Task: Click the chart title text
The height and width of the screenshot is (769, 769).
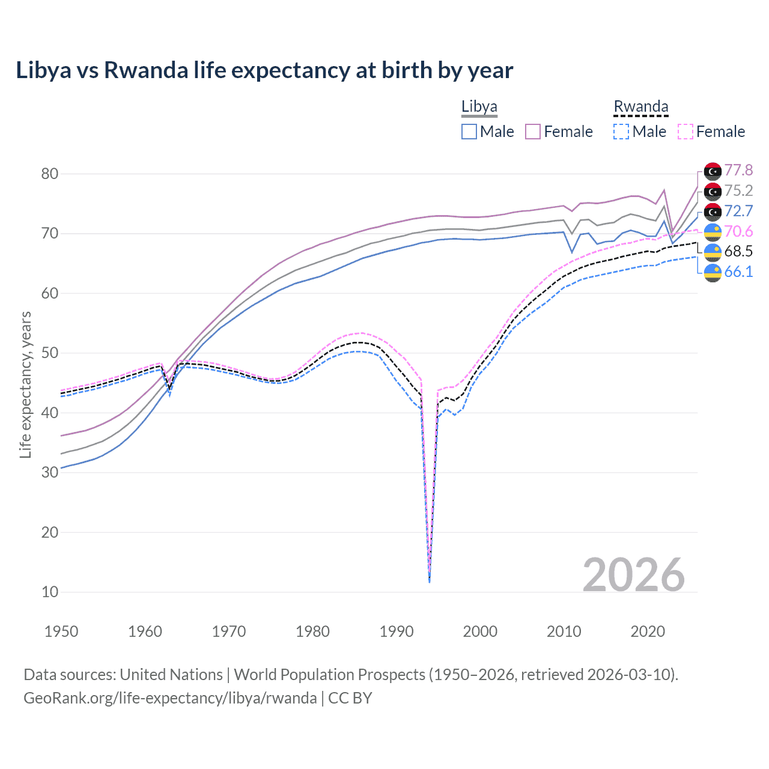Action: [264, 70]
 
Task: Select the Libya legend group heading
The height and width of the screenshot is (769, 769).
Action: [479, 107]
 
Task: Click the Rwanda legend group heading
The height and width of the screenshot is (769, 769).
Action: [640, 107]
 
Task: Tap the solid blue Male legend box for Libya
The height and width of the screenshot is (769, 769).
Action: [469, 132]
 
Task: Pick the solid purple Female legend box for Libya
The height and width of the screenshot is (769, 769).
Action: [533, 132]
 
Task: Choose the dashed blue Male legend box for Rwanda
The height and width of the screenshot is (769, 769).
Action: [621, 132]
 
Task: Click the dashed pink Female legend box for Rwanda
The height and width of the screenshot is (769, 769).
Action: [685, 132]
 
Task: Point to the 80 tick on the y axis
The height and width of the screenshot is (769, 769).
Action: [50, 174]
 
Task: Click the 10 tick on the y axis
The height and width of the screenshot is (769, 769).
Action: [50, 592]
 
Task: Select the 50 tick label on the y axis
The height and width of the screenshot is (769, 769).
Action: [50, 353]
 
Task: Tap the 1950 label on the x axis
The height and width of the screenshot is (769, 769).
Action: [61, 631]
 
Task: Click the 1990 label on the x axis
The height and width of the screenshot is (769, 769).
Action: [397, 631]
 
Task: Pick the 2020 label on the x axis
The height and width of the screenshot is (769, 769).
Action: [648, 631]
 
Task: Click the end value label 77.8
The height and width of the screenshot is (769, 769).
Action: [738, 171]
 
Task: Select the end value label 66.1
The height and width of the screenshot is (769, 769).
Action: [738, 272]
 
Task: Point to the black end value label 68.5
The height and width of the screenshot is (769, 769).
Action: [738, 251]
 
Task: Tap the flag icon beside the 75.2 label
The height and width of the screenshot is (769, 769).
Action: [713, 192]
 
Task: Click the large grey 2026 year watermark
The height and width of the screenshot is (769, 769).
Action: [633, 575]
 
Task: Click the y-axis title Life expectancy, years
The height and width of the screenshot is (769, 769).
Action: [25, 384]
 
